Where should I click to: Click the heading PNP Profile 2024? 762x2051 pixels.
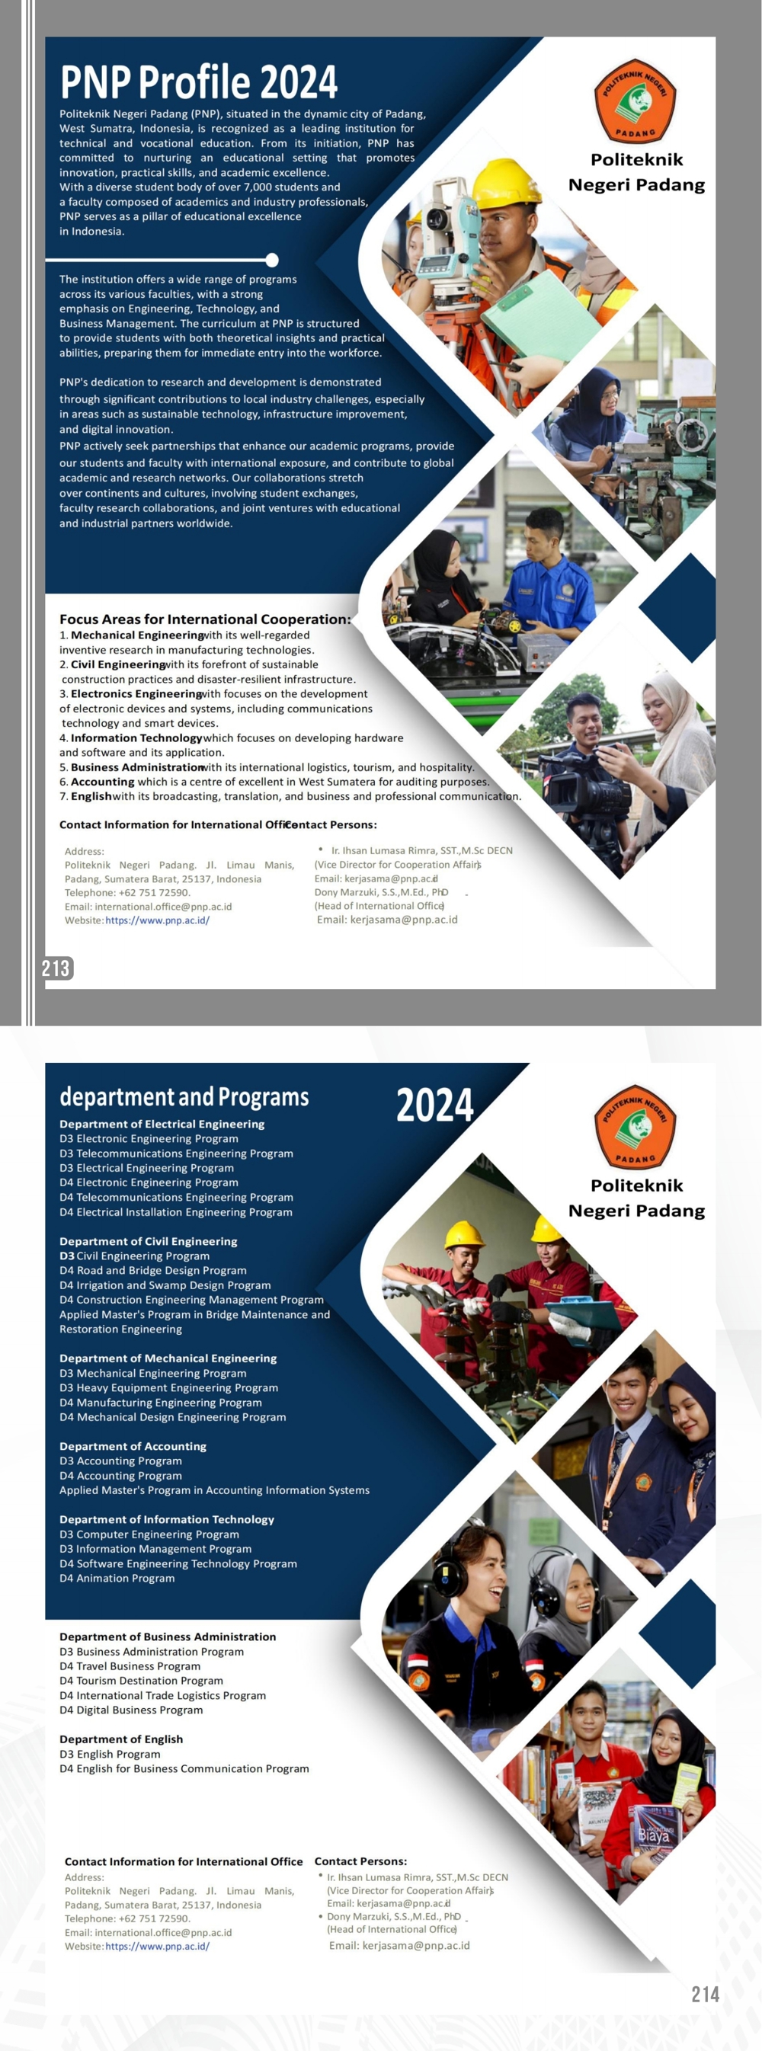(x=199, y=82)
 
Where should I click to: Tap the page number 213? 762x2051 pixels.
(x=56, y=968)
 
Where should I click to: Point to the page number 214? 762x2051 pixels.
(x=705, y=1994)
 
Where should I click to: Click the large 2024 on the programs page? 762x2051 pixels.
(x=435, y=1105)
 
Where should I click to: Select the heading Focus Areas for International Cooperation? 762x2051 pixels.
(x=205, y=619)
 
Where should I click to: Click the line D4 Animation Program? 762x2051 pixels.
(x=117, y=1578)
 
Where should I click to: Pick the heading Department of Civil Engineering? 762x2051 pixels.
(x=148, y=1241)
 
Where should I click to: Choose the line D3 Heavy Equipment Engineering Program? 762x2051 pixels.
(x=169, y=1387)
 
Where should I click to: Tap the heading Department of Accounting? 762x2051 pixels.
(x=133, y=1446)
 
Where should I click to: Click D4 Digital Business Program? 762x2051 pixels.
(x=131, y=1710)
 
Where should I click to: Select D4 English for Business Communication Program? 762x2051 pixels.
(x=184, y=1769)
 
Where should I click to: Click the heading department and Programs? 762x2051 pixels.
(x=184, y=1097)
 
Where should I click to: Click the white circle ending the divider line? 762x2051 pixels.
(x=272, y=260)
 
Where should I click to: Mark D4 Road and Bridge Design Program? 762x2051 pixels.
(x=153, y=1271)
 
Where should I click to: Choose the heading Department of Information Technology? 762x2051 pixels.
(x=166, y=1519)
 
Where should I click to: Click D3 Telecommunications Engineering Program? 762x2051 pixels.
(x=176, y=1153)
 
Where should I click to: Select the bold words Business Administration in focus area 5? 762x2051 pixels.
(x=137, y=767)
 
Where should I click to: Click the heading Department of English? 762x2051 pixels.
(x=121, y=1739)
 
